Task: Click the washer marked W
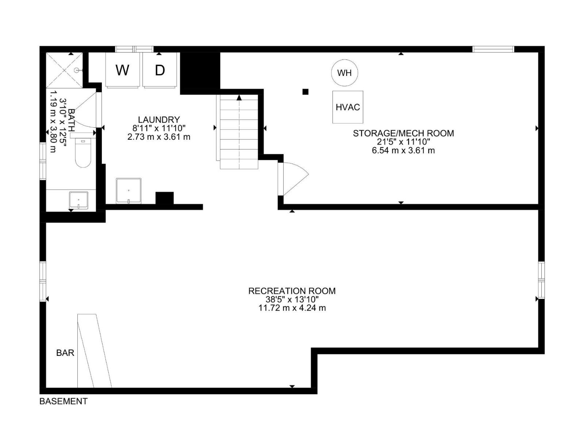pyautogui.click(x=122, y=70)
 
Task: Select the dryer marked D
pyautogui.click(x=160, y=70)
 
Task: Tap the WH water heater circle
pyautogui.click(x=344, y=73)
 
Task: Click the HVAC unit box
pyautogui.click(x=347, y=107)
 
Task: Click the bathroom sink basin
pyautogui.click(x=78, y=200)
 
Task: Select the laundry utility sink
pyautogui.click(x=128, y=191)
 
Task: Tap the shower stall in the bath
pyautogui.click(x=65, y=70)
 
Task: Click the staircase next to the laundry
pyautogui.click(x=239, y=131)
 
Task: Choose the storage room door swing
pyautogui.click(x=294, y=178)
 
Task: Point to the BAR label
pyautogui.click(x=65, y=353)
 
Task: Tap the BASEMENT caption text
pyautogui.click(x=64, y=401)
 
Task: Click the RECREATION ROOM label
pyautogui.click(x=292, y=291)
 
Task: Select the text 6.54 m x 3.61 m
pyautogui.click(x=403, y=150)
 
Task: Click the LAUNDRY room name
pyautogui.click(x=159, y=119)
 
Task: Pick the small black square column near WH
pyautogui.click(x=306, y=92)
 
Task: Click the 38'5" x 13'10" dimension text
pyautogui.click(x=292, y=299)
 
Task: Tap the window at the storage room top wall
pyautogui.click(x=493, y=49)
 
